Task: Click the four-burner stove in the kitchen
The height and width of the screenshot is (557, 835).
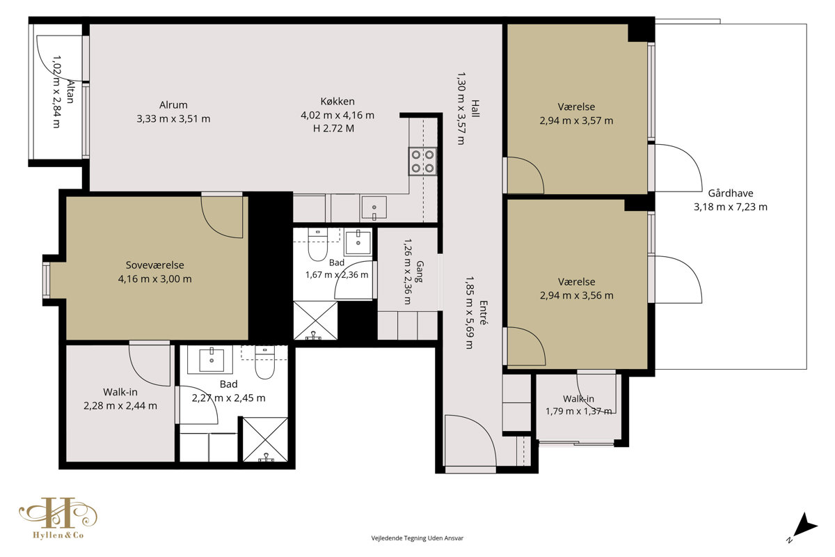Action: (x=422, y=161)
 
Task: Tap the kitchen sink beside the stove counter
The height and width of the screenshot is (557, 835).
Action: (x=374, y=207)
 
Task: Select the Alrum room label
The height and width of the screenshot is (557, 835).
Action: (x=173, y=105)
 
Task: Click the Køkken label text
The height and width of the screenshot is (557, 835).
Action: (x=337, y=102)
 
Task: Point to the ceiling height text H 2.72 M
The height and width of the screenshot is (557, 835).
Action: (x=333, y=128)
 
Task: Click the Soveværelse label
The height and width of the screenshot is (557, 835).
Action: (x=154, y=265)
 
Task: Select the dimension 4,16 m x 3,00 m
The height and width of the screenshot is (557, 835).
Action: (x=154, y=278)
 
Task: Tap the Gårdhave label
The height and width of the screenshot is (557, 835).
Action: (x=731, y=194)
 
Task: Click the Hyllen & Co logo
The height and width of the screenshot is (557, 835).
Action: (x=58, y=518)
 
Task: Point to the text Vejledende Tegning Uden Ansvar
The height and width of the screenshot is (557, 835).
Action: (x=417, y=538)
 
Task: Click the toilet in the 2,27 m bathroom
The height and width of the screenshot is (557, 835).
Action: (x=264, y=362)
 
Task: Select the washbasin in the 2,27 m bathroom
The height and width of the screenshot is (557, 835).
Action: (x=212, y=361)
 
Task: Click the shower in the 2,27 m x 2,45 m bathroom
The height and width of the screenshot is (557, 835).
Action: (x=265, y=439)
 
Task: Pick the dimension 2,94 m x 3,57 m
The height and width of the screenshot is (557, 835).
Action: (x=576, y=120)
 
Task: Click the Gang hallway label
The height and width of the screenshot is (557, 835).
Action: (x=420, y=272)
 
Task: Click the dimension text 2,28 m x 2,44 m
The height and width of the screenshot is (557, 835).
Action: (x=120, y=405)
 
